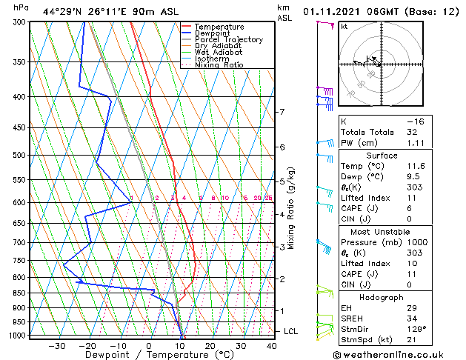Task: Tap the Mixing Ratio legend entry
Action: (219, 65)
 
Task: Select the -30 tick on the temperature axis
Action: (56, 345)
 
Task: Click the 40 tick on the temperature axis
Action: (272, 345)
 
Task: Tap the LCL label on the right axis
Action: (291, 331)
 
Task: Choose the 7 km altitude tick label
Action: (282, 112)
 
